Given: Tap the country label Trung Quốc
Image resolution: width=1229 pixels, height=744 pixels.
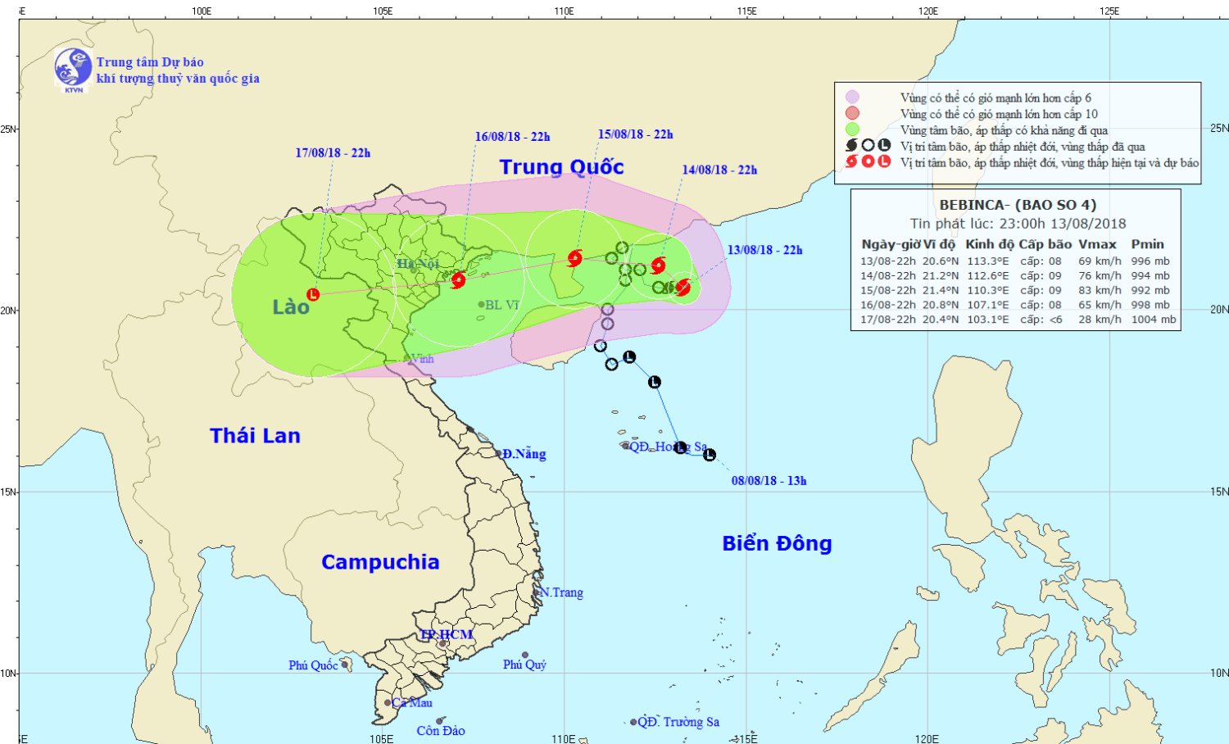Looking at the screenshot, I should pos(561,167).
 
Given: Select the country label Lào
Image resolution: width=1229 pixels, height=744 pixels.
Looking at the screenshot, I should pos(291,307).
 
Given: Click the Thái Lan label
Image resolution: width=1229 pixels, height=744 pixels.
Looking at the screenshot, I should pos(255,436).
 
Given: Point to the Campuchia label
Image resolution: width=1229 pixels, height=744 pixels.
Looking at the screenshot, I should pos(380,562).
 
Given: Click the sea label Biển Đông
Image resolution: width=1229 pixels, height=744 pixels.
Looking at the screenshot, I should pos(777,544).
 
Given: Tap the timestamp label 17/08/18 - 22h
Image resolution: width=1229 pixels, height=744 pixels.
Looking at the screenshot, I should pos(333,153).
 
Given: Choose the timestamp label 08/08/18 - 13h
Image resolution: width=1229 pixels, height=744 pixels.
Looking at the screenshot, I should pos(769,481).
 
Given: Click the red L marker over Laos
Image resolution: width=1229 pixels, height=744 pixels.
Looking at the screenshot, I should pos(313,294).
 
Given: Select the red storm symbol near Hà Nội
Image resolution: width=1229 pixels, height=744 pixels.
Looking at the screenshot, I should pos(458,280).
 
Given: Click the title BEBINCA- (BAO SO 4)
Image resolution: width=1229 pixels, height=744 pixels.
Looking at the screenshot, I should pos(1017,205).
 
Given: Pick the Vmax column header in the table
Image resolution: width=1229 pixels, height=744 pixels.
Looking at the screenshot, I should pos(1097,244).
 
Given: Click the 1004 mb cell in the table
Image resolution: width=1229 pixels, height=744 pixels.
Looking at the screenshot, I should pos(1153,320).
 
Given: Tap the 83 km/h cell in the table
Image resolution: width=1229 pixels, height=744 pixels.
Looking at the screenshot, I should pos(1100,290).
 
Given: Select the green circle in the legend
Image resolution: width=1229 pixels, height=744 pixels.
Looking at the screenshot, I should pos(852,129).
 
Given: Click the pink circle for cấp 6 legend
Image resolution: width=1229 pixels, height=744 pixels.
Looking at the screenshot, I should pos(852,98).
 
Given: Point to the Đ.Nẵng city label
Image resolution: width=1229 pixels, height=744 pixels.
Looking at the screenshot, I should pos(524,454).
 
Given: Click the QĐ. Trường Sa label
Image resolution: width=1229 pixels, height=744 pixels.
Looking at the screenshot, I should pos(678,722).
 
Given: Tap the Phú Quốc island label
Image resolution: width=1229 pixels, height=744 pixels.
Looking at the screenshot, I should pos(313,665).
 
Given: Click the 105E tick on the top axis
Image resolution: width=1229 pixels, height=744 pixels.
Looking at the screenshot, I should pos(383,11).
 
